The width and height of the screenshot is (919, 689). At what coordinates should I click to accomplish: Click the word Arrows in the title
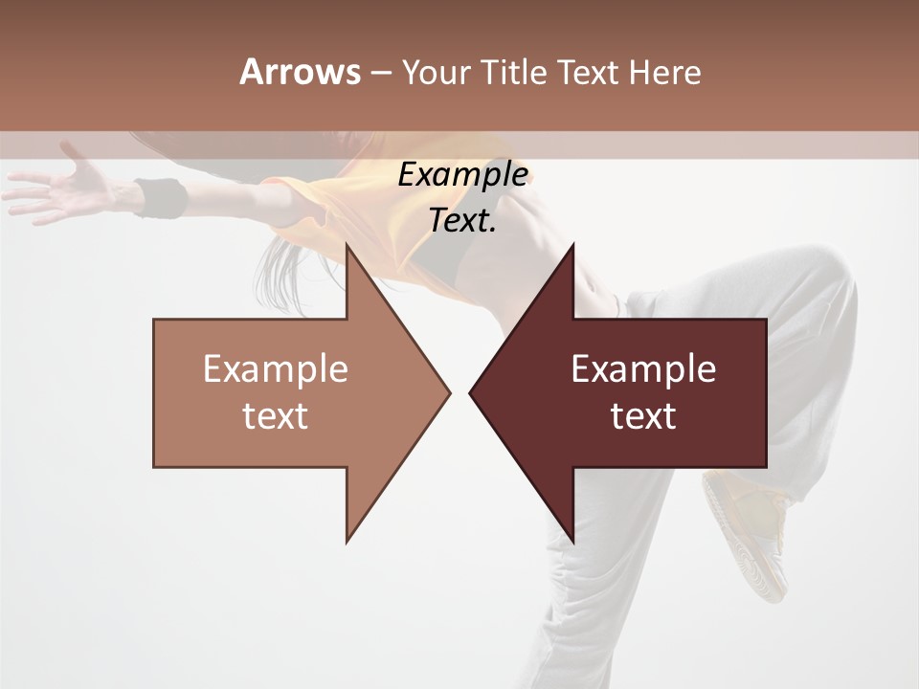[300, 72]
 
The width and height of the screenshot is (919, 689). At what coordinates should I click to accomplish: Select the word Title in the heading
[513, 73]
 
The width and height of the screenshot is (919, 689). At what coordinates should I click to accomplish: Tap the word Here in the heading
[665, 73]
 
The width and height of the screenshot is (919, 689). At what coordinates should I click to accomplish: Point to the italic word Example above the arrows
[462, 175]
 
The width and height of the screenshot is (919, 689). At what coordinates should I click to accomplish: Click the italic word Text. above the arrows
[462, 220]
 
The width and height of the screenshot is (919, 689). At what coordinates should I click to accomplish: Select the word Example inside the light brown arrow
[276, 369]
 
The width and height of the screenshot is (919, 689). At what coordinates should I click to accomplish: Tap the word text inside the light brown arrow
[276, 416]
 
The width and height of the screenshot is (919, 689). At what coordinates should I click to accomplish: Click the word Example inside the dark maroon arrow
[643, 369]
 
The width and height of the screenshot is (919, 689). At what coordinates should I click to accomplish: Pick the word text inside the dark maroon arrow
[643, 416]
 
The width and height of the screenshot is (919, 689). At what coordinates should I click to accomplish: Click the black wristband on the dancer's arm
[160, 197]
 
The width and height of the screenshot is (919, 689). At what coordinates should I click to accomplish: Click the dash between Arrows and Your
[380, 73]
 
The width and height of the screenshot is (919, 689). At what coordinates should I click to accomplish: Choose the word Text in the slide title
[587, 73]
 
